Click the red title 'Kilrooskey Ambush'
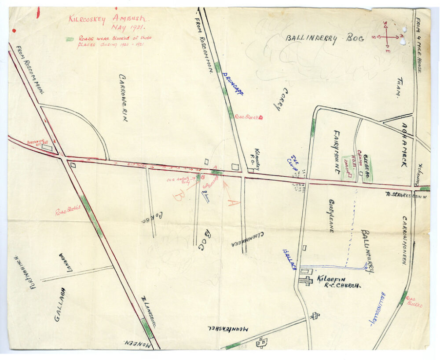tap(108, 19)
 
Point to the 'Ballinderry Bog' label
tap(325, 38)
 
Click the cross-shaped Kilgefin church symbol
tap(305, 281)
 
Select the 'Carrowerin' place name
tap(123, 97)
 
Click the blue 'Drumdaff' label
tap(233, 84)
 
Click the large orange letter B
tap(178, 195)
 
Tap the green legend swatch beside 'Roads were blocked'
tap(70, 39)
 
